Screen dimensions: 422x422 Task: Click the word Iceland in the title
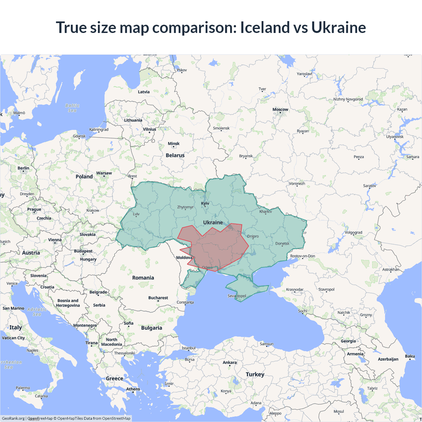pyautogui.click(x=263, y=27)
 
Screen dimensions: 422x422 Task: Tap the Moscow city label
pyautogui.click(x=280, y=109)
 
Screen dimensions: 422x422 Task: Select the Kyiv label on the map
pyautogui.click(x=205, y=203)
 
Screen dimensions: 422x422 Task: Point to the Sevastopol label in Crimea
pyautogui.click(x=237, y=296)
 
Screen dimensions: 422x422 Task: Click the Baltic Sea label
pyautogui.click(x=72, y=108)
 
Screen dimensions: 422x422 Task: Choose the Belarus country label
pyautogui.click(x=175, y=155)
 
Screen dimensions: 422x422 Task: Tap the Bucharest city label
pyautogui.click(x=158, y=298)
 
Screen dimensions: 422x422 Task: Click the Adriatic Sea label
pyautogui.click(x=37, y=312)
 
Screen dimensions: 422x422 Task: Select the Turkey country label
pyautogui.click(x=255, y=374)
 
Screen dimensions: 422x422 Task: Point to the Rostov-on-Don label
pyautogui.click(x=303, y=256)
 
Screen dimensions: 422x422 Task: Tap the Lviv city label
pyautogui.click(x=136, y=214)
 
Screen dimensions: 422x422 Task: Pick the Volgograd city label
pyautogui.click(x=353, y=232)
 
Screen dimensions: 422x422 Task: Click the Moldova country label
pyautogui.click(x=184, y=257)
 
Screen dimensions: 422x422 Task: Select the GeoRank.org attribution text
pyautogui.click(x=13, y=418)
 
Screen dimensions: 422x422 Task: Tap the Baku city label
pyautogui.click(x=410, y=356)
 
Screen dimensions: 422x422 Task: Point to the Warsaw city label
pyautogui.click(x=104, y=173)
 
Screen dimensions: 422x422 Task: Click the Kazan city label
pyautogui.click(x=402, y=109)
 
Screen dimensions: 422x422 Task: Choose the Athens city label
pyautogui.click(x=133, y=389)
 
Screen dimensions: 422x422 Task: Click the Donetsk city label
pyautogui.click(x=282, y=244)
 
